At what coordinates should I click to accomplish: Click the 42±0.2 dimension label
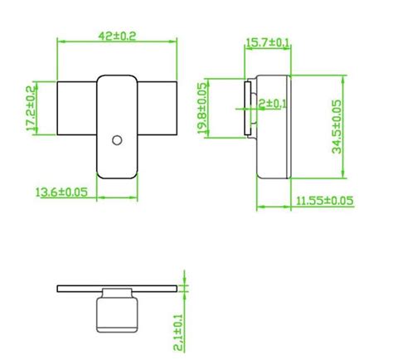click(x=117, y=36)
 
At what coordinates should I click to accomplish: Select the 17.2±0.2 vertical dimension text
click(x=32, y=109)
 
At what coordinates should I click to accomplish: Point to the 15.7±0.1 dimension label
click(x=268, y=41)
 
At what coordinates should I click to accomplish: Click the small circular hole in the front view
click(x=117, y=139)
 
